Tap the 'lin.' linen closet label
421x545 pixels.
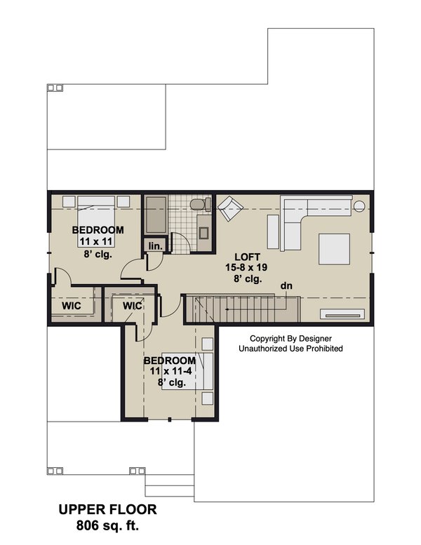tap(155, 245)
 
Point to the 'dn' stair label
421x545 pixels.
tap(286, 285)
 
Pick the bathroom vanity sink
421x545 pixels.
tap(203, 232)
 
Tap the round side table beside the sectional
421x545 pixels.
tap(359, 206)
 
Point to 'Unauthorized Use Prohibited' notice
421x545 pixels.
tap(290, 348)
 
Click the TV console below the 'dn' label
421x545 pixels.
tap(342, 314)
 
